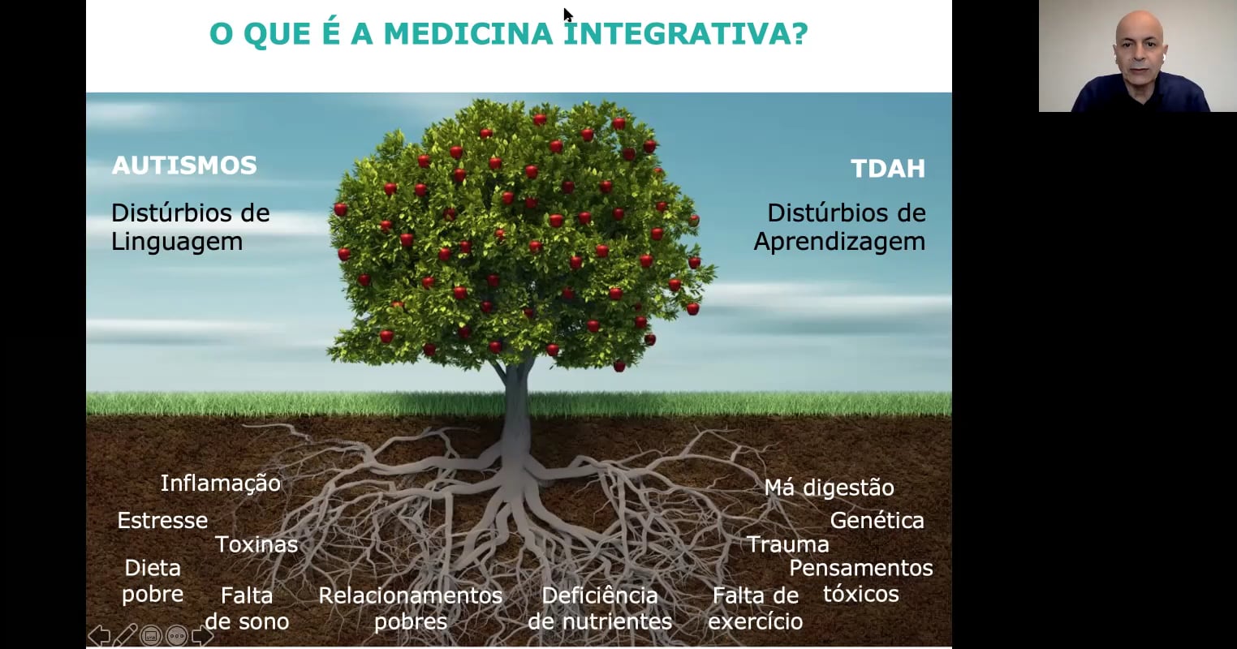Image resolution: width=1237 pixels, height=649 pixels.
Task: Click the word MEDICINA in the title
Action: click(x=468, y=33)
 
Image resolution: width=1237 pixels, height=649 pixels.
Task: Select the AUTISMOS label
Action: click(x=184, y=165)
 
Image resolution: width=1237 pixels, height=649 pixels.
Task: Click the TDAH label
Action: click(x=888, y=168)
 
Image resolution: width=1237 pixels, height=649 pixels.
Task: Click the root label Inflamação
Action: click(x=221, y=484)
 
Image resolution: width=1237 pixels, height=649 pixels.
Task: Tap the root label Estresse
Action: click(x=162, y=520)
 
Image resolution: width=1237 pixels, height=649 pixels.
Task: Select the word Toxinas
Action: click(x=256, y=544)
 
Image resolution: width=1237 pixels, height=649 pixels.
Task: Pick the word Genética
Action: click(x=877, y=520)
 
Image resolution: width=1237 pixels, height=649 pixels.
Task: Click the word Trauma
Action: click(x=788, y=544)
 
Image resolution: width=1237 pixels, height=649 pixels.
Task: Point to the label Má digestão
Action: click(x=829, y=488)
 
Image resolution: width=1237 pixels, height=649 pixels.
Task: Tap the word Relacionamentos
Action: click(x=411, y=595)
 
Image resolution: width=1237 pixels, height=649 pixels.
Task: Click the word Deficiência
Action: click(x=600, y=595)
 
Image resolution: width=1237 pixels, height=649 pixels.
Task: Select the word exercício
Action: click(x=756, y=621)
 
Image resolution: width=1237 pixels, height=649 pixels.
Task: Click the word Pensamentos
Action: click(x=861, y=568)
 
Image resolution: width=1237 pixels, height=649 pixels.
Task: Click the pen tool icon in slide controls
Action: click(x=125, y=634)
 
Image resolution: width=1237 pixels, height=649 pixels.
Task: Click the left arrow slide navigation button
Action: click(x=100, y=635)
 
